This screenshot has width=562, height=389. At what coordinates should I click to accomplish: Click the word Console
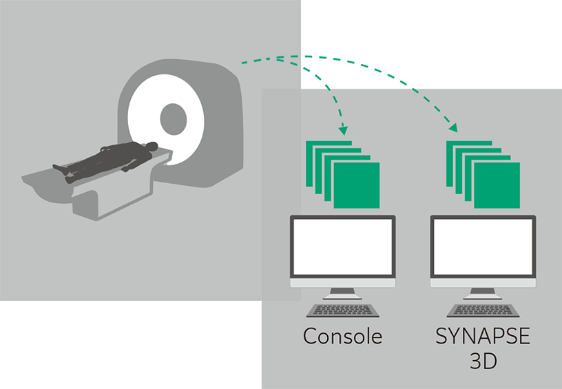(x=343, y=336)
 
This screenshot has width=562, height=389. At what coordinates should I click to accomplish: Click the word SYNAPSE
(x=483, y=336)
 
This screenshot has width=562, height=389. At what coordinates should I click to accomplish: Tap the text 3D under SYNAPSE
(x=483, y=361)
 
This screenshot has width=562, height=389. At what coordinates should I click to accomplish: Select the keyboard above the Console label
(x=343, y=311)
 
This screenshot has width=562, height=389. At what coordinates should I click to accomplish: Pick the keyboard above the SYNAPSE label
(x=483, y=311)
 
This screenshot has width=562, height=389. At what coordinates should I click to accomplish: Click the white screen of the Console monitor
(x=343, y=246)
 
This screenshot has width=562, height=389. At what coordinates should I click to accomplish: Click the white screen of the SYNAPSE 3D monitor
(x=483, y=246)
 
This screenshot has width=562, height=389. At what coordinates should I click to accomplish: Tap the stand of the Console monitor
(x=343, y=293)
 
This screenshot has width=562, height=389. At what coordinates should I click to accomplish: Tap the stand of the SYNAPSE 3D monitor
(x=483, y=293)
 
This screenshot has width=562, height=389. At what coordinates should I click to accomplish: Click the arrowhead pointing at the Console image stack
(x=344, y=130)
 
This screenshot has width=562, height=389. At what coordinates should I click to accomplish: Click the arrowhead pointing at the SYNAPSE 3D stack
(x=453, y=127)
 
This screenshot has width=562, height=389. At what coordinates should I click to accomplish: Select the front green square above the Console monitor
(x=357, y=185)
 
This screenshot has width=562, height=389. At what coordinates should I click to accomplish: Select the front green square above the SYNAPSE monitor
(x=497, y=185)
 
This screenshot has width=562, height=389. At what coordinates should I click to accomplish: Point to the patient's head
(x=152, y=146)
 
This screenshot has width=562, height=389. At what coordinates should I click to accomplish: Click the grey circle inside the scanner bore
(x=174, y=119)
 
